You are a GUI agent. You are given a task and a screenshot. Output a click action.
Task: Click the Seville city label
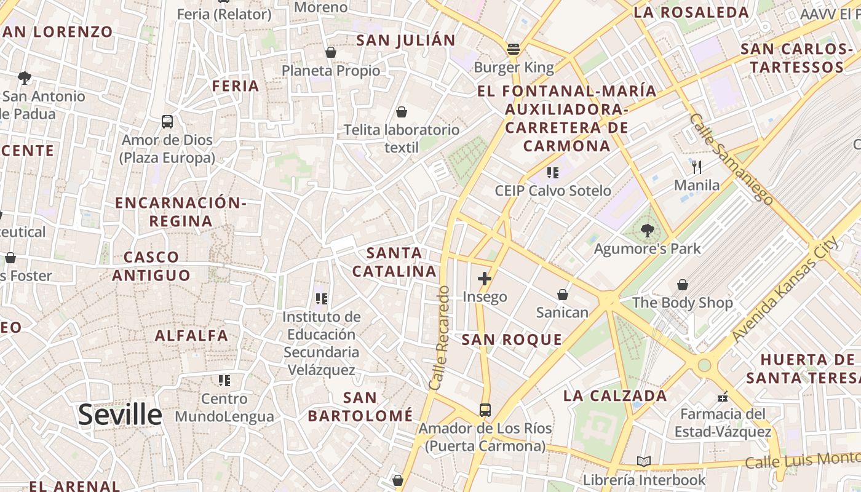tap(120, 415)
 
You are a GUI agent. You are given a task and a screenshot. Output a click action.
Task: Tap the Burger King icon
tap(514, 49)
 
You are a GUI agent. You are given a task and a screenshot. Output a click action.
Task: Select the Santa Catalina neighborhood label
tap(394, 262)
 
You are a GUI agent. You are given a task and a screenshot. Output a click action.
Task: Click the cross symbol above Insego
tap(485, 279)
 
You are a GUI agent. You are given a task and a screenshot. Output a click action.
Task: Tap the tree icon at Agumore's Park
tap(647, 231)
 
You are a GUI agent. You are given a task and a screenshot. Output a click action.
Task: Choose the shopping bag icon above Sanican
tap(562, 295)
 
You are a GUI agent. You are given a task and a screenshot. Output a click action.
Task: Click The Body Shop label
tap(683, 303)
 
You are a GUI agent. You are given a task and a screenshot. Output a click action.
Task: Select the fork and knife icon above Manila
tap(697, 167)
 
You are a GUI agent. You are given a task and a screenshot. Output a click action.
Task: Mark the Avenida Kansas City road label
tap(785, 289)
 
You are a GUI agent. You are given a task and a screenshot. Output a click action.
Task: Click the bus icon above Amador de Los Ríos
tap(485, 410)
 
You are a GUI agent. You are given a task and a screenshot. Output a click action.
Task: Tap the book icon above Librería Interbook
tap(644, 461)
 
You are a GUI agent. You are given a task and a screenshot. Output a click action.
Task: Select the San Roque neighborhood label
tap(512, 339)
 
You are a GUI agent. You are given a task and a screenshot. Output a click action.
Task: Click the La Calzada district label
tap(615, 395)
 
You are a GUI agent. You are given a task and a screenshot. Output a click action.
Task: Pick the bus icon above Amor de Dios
tap(167, 121)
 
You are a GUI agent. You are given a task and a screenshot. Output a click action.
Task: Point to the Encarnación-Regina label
tap(181, 212)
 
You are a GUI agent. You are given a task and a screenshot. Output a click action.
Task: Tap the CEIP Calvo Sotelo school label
tap(553, 191)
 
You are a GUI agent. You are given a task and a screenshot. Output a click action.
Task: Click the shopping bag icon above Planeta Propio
tap(331, 52)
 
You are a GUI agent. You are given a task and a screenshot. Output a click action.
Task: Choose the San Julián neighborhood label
tap(406, 41)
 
